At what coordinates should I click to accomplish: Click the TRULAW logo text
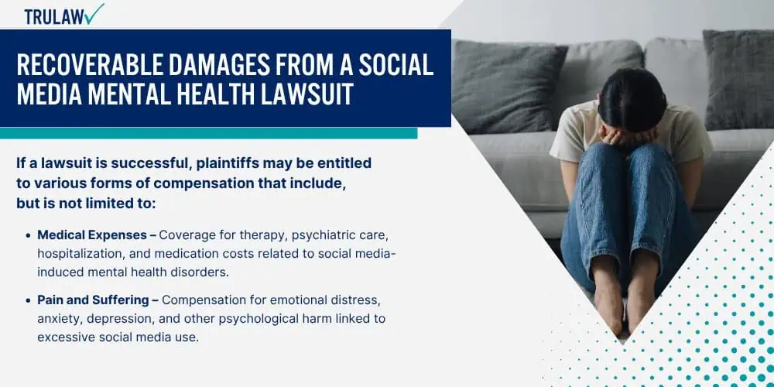coord(54,16)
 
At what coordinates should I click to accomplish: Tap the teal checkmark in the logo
coord(94,13)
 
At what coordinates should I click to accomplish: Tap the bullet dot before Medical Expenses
coord(28,235)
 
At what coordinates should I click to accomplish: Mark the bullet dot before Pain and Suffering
coord(28,300)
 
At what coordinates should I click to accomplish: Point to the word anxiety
coord(60,319)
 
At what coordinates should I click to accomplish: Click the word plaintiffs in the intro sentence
coord(229,163)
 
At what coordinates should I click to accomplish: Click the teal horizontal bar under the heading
coord(208,133)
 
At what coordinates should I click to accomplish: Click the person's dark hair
coord(632,100)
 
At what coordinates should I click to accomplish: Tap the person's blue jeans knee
coord(600,163)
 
